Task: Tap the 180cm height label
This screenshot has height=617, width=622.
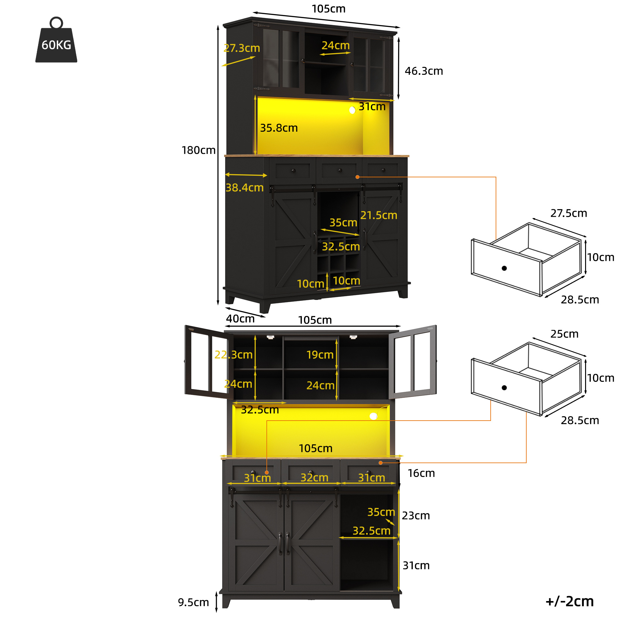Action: pyautogui.click(x=198, y=150)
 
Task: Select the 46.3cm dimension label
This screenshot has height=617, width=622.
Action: pyautogui.click(x=424, y=71)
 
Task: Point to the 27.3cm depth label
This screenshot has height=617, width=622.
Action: pyautogui.click(x=242, y=48)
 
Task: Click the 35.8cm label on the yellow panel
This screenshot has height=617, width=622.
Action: pyautogui.click(x=279, y=128)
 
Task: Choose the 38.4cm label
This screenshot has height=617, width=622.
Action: pyautogui.click(x=244, y=187)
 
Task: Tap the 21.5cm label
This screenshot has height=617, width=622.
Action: pyautogui.click(x=379, y=215)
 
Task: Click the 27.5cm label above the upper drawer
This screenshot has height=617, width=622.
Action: pyautogui.click(x=569, y=213)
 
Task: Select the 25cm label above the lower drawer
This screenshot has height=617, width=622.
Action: pyautogui.click(x=564, y=334)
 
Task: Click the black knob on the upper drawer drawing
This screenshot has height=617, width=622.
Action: pyautogui.click(x=504, y=268)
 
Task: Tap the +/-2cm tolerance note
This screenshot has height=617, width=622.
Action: pyautogui.click(x=569, y=601)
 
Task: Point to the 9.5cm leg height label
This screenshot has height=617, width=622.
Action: pyautogui.click(x=193, y=602)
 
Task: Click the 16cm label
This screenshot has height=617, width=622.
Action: pyautogui.click(x=421, y=473)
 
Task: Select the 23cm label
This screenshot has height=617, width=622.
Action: pyautogui.click(x=416, y=516)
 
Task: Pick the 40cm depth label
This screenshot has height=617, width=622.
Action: pyautogui.click(x=240, y=318)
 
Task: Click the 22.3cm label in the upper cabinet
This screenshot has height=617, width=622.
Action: pyautogui.click(x=233, y=355)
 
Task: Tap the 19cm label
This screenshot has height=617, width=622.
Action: pyautogui.click(x=320, y=355)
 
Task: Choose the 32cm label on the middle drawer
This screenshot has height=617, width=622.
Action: pyautogui.click(x=314, y=477)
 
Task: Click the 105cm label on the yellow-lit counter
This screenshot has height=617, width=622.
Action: pyautogui.click(x=316, y=448)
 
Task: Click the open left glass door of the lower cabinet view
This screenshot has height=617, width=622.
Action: pyautogui.click(x=209, y=362)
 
